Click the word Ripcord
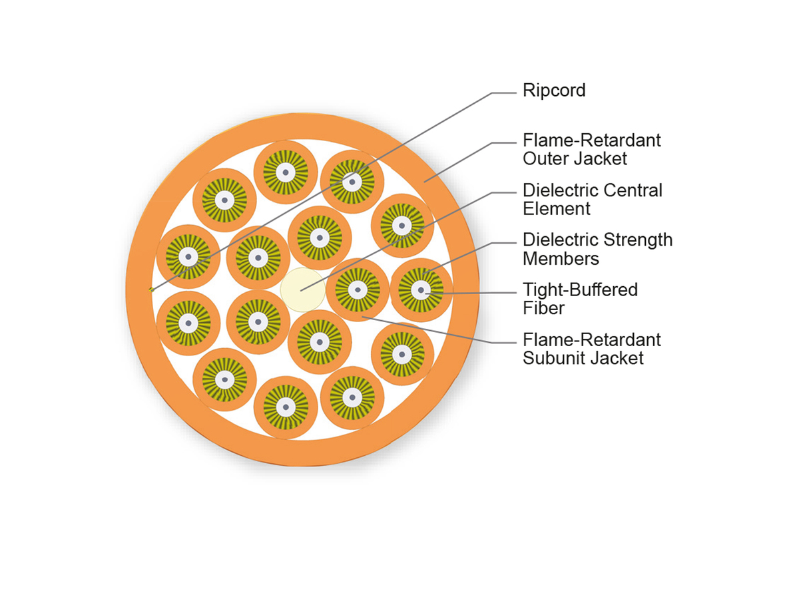coord(554,91)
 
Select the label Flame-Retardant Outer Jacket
coord(591,150)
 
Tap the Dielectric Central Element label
coord(592,200)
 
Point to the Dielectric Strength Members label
coord(597,249)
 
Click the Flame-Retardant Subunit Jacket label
coord(591,349)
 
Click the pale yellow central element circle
coord(303,290)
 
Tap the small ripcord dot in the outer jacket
coord(152,290)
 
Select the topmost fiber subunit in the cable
coord(286,172)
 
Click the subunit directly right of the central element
coord(358,290)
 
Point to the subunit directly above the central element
coord(320,238)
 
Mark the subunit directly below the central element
coord(320,342)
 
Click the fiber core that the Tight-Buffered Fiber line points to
coord(421,290)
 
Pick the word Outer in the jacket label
coord(545,159)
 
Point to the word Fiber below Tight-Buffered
coord(543,308)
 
